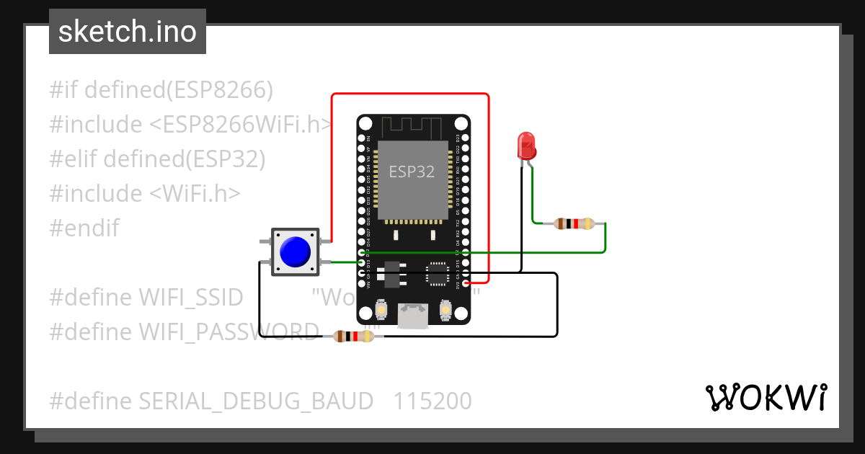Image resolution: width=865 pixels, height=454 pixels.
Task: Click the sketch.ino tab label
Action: point(127,32)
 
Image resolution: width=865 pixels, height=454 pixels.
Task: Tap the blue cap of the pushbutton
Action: point(294,252)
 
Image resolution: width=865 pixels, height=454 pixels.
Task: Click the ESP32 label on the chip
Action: point(412,172)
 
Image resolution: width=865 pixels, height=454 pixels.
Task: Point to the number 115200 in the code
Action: point(432,401)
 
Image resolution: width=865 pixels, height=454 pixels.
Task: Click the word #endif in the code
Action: point(84,228)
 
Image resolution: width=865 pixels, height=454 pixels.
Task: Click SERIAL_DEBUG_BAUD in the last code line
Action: point(256,401)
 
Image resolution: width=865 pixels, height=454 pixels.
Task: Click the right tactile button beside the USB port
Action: point(445,311)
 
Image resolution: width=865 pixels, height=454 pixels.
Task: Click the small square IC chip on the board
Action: point(437,273)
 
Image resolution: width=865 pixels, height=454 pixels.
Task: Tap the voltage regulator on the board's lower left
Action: point(389,273)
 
